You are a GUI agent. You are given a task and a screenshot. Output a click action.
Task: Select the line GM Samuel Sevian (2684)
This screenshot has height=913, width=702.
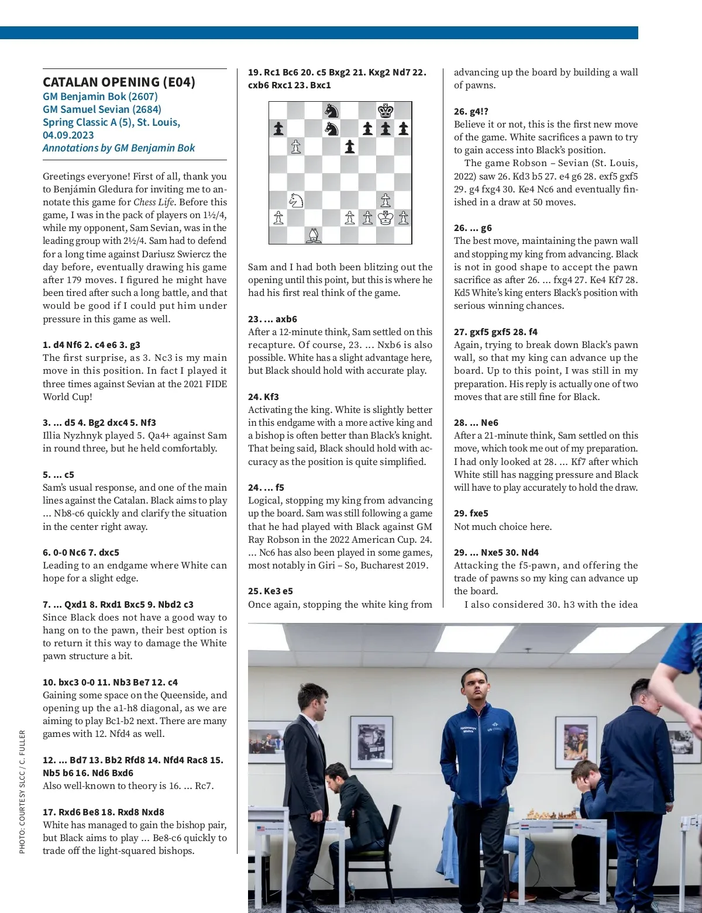coord(102,109)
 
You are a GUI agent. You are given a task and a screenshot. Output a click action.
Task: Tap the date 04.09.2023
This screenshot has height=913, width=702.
coord(68,135)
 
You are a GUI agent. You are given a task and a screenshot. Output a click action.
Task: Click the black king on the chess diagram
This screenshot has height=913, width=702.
coord(386,111)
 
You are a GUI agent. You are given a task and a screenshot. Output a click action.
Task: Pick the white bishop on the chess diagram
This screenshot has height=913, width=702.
coord(314,235)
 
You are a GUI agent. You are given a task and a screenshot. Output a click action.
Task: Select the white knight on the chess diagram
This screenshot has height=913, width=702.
coord(296,200)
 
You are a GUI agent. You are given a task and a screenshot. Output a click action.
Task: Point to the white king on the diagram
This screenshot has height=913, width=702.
coord(386,218)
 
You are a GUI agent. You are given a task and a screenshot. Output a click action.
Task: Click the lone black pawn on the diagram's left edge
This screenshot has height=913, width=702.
coord(278,129)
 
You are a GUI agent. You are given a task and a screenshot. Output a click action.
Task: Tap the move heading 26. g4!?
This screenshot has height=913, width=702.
coord(471,111)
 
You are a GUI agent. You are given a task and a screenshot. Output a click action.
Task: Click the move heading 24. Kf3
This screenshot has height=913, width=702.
coord(263,397)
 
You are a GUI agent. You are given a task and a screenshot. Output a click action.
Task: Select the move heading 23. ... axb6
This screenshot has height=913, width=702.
coord(272,319)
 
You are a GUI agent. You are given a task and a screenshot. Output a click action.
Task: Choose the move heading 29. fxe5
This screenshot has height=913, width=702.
coord(471,513)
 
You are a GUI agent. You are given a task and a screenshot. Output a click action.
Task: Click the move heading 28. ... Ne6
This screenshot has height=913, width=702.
coord(476,422)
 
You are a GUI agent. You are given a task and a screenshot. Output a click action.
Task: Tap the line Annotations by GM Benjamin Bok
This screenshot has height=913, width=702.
coord(119,148)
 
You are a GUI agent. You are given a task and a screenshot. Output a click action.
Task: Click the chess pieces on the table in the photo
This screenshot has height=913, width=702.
coord(549,814)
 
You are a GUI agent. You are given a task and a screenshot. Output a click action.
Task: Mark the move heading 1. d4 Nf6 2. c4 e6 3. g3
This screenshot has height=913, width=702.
coord(91,344)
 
